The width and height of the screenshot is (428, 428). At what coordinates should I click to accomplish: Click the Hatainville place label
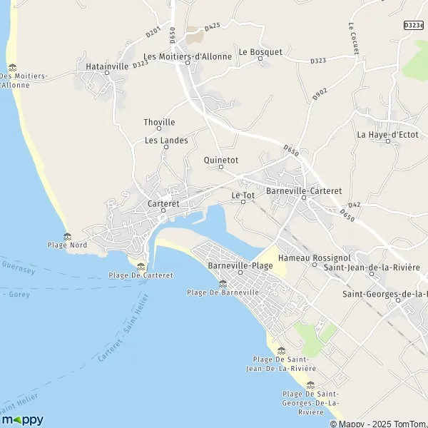click(x=106, y=66)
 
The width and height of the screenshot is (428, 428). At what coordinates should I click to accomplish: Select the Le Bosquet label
click(x=260, y=51)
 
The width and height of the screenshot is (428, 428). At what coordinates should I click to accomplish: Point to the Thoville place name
click(x=159, y=122)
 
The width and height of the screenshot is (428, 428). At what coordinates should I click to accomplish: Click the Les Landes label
click(x=166, y=141)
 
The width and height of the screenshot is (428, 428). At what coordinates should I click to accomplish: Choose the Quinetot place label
click(x=220, y=160)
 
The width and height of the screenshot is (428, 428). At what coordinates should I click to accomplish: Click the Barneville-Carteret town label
click(x=303, y=191)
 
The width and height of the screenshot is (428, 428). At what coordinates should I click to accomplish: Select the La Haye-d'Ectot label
click(x=387, y=134)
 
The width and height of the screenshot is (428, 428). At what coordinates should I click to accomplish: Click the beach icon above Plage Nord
click(x=68, y=235)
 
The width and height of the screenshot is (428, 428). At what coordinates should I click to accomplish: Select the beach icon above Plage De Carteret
click(x=140, y=266)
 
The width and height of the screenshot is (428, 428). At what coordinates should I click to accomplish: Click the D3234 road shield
click(x=413, y=25)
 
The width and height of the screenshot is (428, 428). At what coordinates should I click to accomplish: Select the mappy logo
click(x=23, y=419)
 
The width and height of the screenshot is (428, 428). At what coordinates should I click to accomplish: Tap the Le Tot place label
click(x=243, y=195)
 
